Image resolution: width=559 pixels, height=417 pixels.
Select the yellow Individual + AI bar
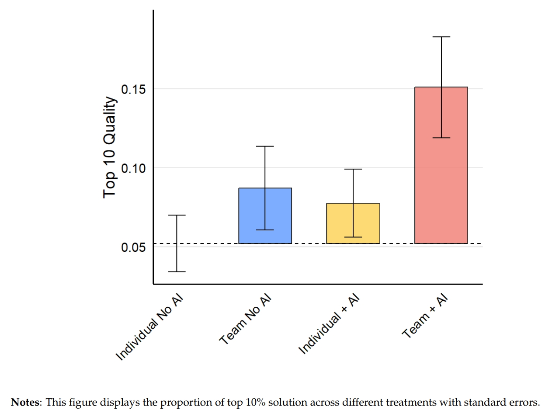click(x=353, y=223)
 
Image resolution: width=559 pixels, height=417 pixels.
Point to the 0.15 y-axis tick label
click(x=133, y=90)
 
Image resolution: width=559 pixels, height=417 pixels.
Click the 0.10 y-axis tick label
click(x=133, y=168)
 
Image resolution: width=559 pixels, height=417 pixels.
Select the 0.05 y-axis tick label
click(x=133, y=247)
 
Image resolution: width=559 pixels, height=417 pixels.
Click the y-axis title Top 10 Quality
click(x=110, y=147)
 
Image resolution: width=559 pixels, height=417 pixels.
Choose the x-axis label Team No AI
click(x=246, y=320)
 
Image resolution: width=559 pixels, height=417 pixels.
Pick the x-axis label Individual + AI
click(x=329, y=324)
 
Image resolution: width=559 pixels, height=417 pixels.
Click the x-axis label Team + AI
click(x=425, y=316)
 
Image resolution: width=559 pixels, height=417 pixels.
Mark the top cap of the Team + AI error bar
click(x=441, y=37)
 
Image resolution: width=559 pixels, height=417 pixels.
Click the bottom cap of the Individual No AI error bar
click(x=177, y=272)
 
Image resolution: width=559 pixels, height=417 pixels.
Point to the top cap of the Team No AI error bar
click(x=265, y=146)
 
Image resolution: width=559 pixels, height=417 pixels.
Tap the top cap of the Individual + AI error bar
click(x=353, y=169)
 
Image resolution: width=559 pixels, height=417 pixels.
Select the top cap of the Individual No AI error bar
click(x=177, y=215)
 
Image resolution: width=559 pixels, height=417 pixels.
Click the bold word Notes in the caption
click(x=25, y=402)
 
